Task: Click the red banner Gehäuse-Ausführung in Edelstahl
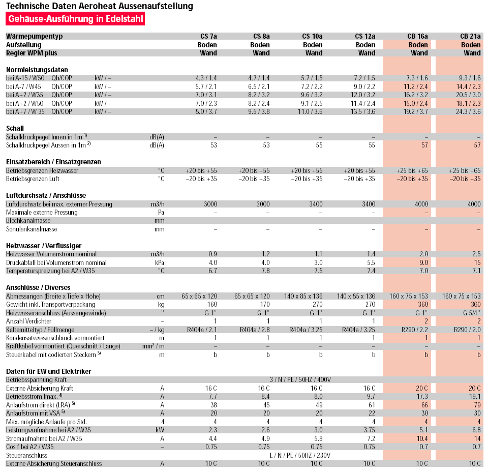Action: (75, 19)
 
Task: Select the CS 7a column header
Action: (208, 36)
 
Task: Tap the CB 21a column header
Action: (470, 36)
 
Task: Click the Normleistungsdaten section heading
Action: (37, 70)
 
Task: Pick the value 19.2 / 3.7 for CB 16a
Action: (415, 111)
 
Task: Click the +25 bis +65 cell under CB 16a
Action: (412, 170)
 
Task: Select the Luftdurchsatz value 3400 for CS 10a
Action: (316, 204)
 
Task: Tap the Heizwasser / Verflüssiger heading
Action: (44, 246)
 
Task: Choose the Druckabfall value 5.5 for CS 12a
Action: (371, 262)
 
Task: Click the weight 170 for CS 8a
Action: (265, 304)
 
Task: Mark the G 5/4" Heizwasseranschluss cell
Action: (472, 313)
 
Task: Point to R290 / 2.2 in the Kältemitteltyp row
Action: (415, 330)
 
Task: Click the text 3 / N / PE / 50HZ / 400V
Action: (300, 379)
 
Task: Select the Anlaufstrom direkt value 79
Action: (477, 405)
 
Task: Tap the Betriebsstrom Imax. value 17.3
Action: (422, 396)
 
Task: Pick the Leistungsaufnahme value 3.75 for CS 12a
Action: (369, 430)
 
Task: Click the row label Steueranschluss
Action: (27, 455)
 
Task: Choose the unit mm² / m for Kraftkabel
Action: (154, 346)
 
